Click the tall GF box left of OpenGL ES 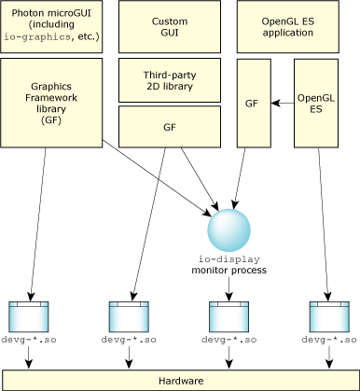tap(252, 103)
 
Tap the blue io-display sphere tap(228, 230)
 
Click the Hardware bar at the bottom tap(180, 381)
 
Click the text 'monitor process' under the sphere tap(228, 270)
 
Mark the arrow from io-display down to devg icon tap(228, 287)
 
